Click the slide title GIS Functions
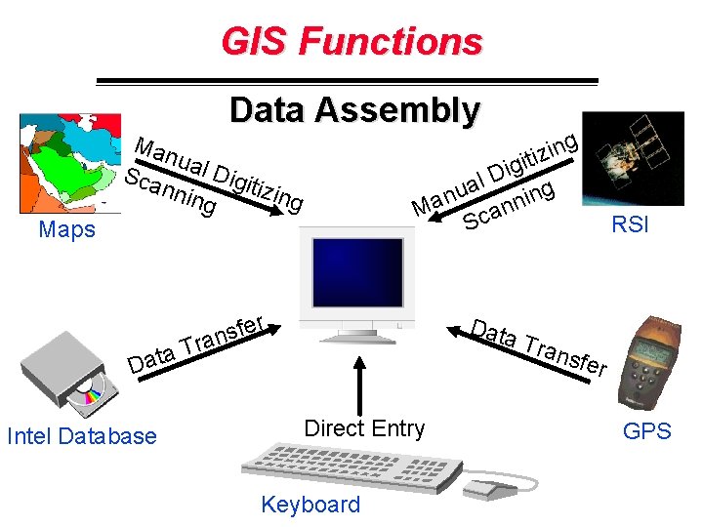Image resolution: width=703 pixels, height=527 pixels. [x=351, y=42]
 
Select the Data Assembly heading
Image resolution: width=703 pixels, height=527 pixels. [x=354, y=110]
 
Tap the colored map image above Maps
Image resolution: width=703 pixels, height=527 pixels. [x=65, y=164]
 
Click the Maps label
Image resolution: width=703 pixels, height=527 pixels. [x=67, y=230]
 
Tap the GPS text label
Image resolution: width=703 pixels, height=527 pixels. [x=646, y=430]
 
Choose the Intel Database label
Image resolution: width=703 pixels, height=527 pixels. [x=81, y=436]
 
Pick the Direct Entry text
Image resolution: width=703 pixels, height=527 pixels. [x=364, y=427]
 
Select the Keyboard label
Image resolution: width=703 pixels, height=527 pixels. [x=310, y=505]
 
